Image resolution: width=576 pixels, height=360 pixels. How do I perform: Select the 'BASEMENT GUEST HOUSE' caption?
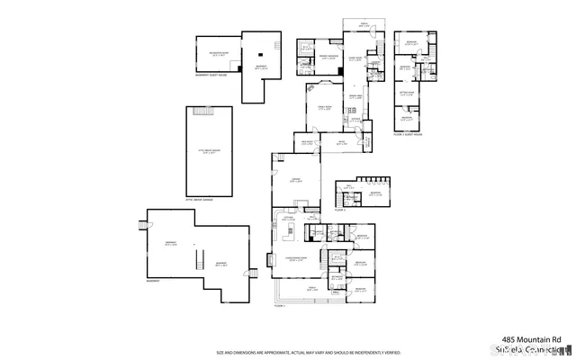click(x=211, y=75)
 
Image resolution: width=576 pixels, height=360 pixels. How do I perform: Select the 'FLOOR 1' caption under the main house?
click(x=280, y=307)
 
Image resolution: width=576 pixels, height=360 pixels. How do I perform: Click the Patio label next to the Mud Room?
click(x=341, y=142)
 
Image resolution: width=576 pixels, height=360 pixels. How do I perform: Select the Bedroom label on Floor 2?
click(x=375, y=193)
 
